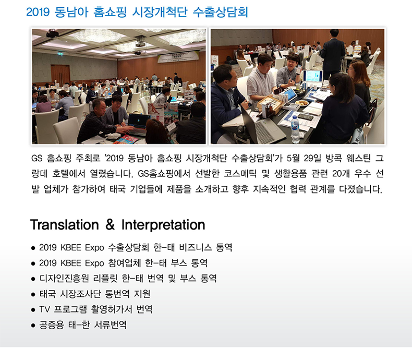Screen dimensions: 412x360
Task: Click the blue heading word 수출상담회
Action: pyautogui.click(x=220, y=12)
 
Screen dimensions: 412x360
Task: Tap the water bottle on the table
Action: pyautogui.click(x=295, y=129)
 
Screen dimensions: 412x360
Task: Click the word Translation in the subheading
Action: pyautogui.click(x=64, y=225)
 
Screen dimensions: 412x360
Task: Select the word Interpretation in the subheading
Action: pyautogui.click(x=163, y=225)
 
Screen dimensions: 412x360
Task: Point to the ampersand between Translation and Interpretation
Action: pyautogui.click(x=110, y=225)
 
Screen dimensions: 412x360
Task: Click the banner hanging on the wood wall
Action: pyautogui.click(x=178, y=57)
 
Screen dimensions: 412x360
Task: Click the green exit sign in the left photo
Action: pyautogui.click(x=60, y=54)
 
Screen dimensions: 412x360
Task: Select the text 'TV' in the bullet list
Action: pyautogui.click(x=44, y=309)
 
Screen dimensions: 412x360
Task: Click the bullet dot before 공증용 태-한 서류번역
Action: pyautogui.click(x=33, y=326)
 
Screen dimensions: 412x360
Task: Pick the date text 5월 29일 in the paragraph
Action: pyautogui.click(x=304, y=158)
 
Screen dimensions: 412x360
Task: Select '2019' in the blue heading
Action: pyautogui.click(x=38, y=12)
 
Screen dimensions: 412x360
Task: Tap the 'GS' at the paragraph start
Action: pyautogui.click(x=37, y=158)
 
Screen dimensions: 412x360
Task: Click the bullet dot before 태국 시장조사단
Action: pyautogui.click(x=33, y=295)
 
